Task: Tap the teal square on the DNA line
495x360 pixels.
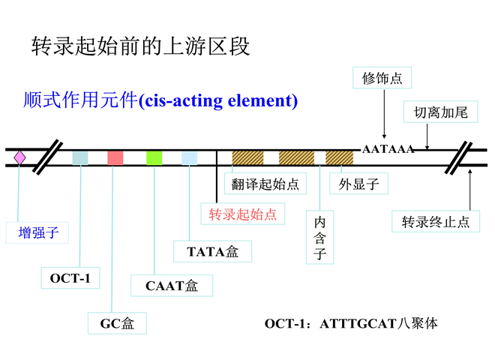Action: (x=79, y=157)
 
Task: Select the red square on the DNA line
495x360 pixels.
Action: (x=115, y=157)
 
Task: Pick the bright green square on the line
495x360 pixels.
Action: (x=154, y=157)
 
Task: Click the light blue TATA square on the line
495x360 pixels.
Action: (x=189, y=157)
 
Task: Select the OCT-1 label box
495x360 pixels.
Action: (x=70, y=278)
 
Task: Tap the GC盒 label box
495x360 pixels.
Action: (x=117, y=323)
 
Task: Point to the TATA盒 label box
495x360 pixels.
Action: (x=212, y=251)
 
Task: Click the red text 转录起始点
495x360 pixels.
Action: (x=243, y=214)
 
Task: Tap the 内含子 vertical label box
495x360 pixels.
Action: (x=320, y=238)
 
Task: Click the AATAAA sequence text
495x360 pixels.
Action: (x=388, y=149)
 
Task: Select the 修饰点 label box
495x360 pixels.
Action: (x=382, y=77)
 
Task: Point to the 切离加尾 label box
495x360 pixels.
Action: (x=440, y=112)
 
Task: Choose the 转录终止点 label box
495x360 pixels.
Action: (x=436, y=222)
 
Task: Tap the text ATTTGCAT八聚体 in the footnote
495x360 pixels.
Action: (x=378, y=324)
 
